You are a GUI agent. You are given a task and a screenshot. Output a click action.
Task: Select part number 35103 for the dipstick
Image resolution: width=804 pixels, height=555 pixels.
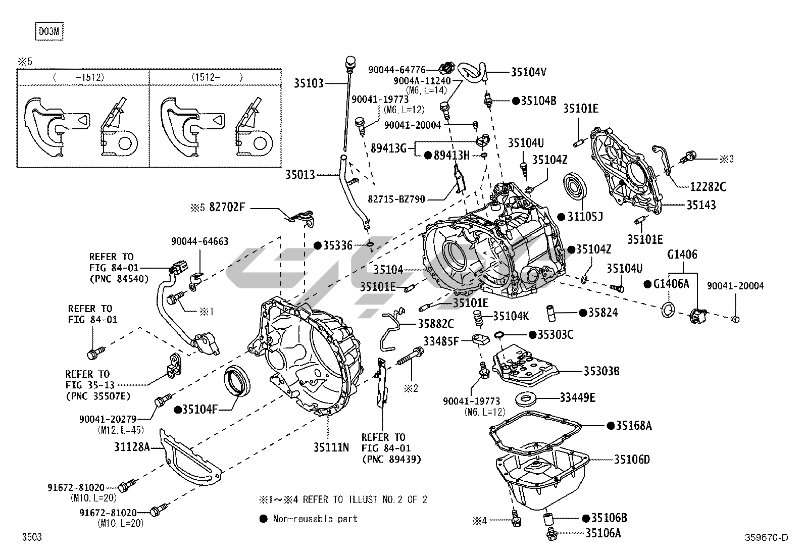[x=309, y=83]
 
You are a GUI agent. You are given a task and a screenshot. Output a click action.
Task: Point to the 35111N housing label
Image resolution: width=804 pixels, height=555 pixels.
[x=331, y=447]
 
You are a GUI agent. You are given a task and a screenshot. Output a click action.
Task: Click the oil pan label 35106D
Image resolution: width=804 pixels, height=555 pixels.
[x=632, y=460]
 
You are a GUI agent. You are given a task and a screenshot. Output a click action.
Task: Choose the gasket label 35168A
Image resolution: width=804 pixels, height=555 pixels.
[x=633, y=426]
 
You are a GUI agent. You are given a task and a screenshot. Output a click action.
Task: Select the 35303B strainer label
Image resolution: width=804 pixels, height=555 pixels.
[x=601, y=371]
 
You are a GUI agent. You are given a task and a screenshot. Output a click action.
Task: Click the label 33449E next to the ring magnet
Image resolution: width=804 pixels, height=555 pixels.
[x=577, y=398]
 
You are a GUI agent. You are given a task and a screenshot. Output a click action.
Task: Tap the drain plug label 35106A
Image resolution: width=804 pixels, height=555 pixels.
[x=603, y=532]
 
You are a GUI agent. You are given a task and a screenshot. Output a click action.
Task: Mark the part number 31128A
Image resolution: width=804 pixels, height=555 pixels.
[x=132, y=447]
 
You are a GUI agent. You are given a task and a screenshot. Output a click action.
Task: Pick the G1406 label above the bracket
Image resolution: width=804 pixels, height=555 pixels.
[x=682, y=255]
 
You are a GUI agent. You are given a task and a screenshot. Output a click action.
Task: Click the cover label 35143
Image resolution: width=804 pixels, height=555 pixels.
[x=701, y=205]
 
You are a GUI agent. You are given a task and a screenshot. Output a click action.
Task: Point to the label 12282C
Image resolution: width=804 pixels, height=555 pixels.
[x=708, y=187]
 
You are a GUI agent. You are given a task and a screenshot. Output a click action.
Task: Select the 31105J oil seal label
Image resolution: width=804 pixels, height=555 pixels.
[x=585, y=217]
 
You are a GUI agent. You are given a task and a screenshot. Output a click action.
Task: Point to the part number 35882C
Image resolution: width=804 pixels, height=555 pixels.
[x=435, y=324]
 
